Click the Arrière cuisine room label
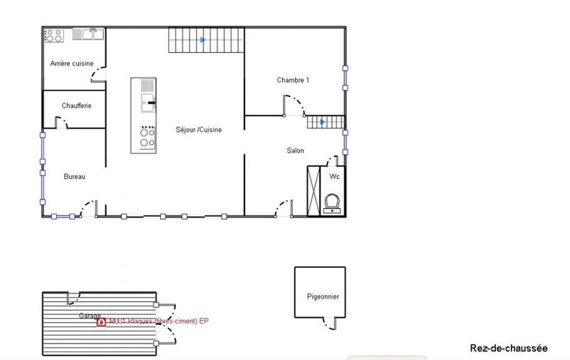point(71,63)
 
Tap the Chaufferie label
point(76,106)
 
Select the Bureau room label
point(74,177)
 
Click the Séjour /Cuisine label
point(199,130)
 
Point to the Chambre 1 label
point(293,80)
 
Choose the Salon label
point(296,150)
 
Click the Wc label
point(334,176)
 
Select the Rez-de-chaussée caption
point(509,348)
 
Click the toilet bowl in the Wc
point(331,203)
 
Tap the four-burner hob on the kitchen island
point(147,137)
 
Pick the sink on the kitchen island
point(147,103)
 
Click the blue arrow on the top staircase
point(203,40)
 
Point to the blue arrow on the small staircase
point(323,122)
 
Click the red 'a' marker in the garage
point(101,322)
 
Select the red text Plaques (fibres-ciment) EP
point(164,322)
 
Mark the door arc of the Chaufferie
point(62,122)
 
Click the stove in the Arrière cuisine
point(55,34)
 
